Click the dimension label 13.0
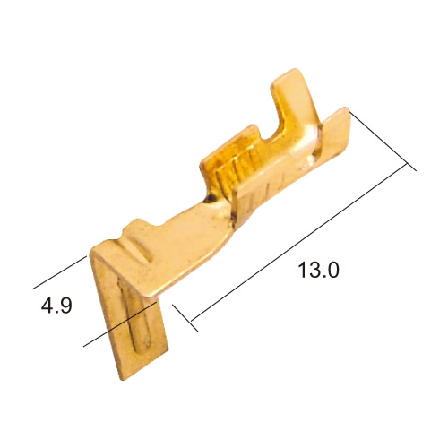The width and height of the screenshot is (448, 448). click(318, 270)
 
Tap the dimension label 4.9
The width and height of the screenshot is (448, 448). click(56, 306)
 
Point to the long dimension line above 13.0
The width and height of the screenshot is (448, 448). click(299, 242)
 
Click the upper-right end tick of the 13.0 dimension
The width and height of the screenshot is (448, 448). click(383, 142)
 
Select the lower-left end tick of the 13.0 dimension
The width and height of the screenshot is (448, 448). click(185, 318)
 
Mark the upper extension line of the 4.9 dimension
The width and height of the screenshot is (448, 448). click(59, 272)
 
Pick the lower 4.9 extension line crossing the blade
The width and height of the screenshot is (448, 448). click(120, 324)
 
